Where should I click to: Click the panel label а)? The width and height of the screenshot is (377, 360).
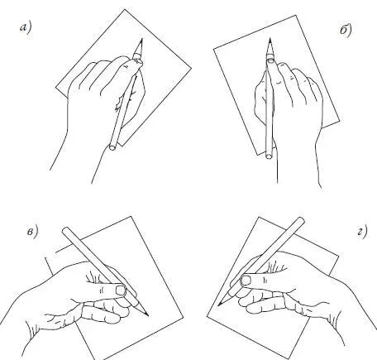pos(26,28)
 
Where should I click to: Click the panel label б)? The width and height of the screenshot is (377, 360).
pos(346,31)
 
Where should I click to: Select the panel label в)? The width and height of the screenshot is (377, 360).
pos(32,232)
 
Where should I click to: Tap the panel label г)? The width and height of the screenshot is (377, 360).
pos(362,232)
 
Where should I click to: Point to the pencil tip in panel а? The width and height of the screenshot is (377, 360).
pos(142,39)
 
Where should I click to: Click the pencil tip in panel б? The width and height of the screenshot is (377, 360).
pos(270,39)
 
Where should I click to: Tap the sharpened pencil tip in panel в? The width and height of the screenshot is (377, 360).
pos(148,316)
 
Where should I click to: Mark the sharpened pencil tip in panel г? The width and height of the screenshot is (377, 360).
pos(218,305)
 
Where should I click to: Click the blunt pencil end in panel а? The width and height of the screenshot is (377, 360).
pos(112,147)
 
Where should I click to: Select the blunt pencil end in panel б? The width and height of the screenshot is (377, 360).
pos(269,156)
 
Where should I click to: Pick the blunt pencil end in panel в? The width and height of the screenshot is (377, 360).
pos(65,231)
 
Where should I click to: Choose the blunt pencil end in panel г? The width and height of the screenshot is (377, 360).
pos(301,221)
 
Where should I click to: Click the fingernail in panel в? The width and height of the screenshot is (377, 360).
pos(121,290)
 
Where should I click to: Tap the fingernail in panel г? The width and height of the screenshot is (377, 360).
pos(246,281)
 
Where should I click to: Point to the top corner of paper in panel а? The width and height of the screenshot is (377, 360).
pos(125,10)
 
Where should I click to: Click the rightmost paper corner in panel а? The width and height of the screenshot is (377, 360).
pos(191,68)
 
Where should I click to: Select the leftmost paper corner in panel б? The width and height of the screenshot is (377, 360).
pos(214,50)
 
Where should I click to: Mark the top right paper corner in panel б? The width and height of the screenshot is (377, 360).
pos(296,16)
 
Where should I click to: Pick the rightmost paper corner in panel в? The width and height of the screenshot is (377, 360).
pos(184,318)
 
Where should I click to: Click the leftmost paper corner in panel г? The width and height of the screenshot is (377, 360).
pos(207,315)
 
